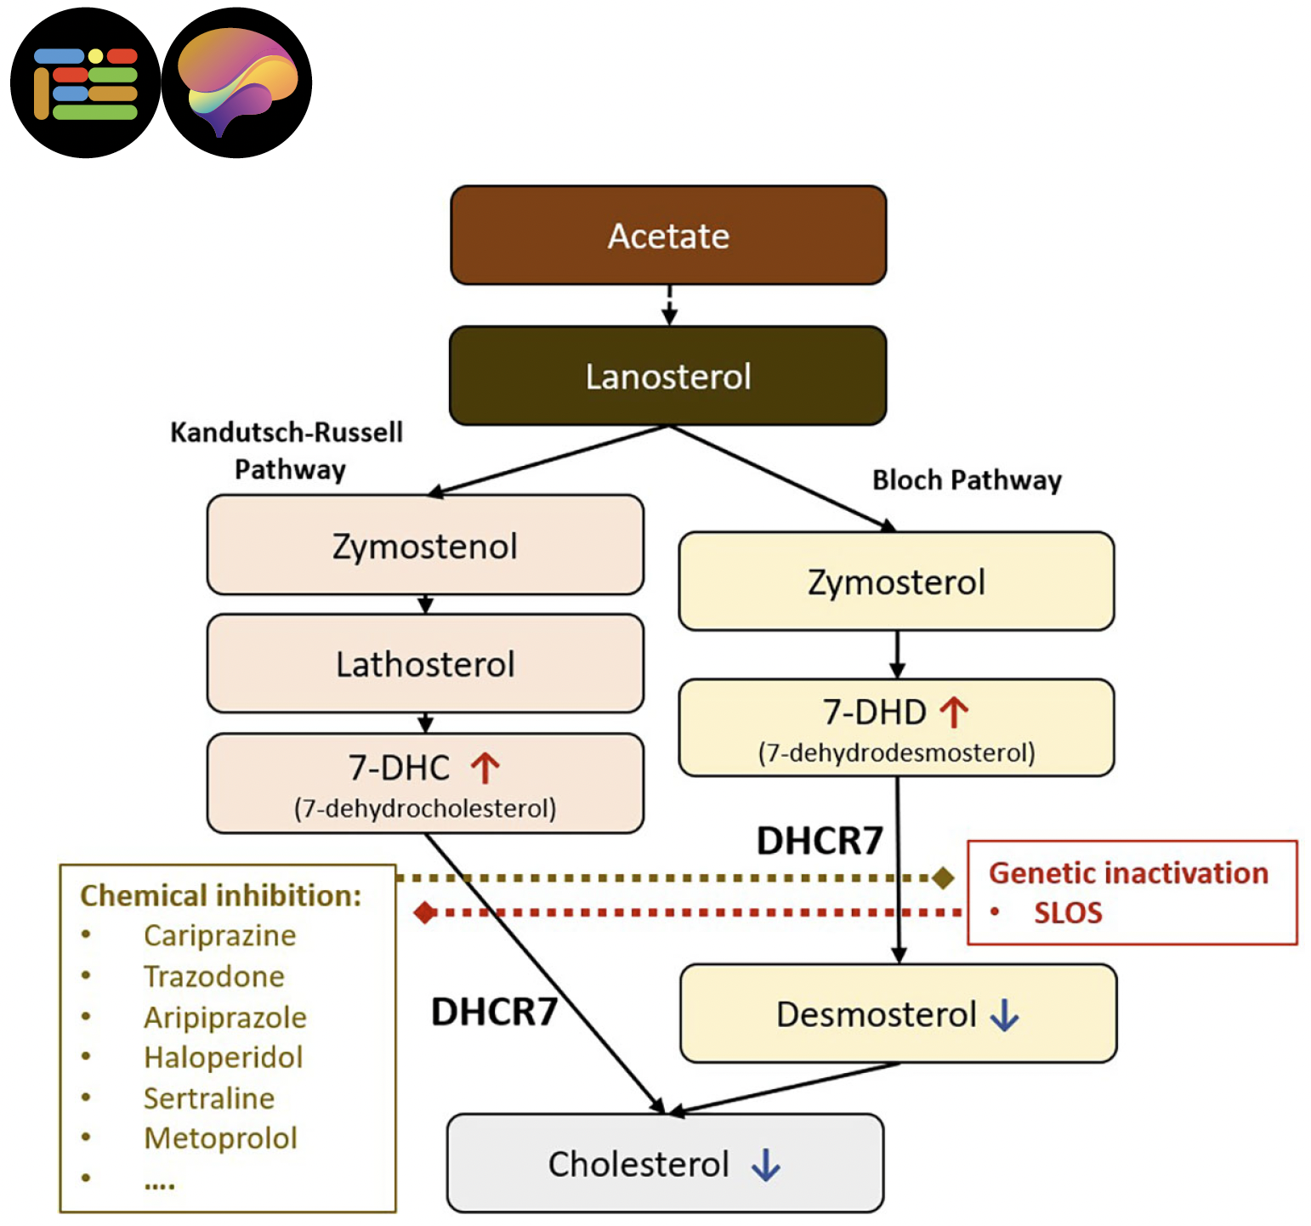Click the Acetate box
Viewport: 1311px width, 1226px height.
coord(668,236)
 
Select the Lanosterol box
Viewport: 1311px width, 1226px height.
coord(668,376)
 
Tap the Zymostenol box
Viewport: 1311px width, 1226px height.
coord(425,545)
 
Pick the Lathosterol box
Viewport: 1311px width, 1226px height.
coord(425,664)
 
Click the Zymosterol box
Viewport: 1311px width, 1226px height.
coord(896,582)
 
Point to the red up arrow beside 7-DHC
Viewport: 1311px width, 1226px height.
coord(485,768)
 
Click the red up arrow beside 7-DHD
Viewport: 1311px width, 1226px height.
coord(954,712)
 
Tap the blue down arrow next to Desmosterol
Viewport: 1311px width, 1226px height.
coord(1004,1014)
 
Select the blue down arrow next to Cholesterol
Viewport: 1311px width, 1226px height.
coord(765,1165)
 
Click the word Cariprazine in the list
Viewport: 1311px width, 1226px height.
coord(219,935)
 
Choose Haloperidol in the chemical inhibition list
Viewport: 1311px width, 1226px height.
coord(223,1057)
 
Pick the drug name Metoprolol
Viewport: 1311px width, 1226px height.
coord(220,1138)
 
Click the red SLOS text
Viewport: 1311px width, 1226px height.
coord(1068,913)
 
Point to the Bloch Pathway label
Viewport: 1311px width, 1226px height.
coord(967,480)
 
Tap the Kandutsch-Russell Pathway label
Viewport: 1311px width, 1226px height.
coord(287,451)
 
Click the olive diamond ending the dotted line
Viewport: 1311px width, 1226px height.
coord(943,877)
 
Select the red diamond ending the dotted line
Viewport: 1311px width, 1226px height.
coord(425,913)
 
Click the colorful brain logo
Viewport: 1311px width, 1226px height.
coord(237,82)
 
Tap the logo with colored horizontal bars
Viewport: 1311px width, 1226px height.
coord(85,82)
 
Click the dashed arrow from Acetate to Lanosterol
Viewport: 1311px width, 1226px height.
coord(669,304)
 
